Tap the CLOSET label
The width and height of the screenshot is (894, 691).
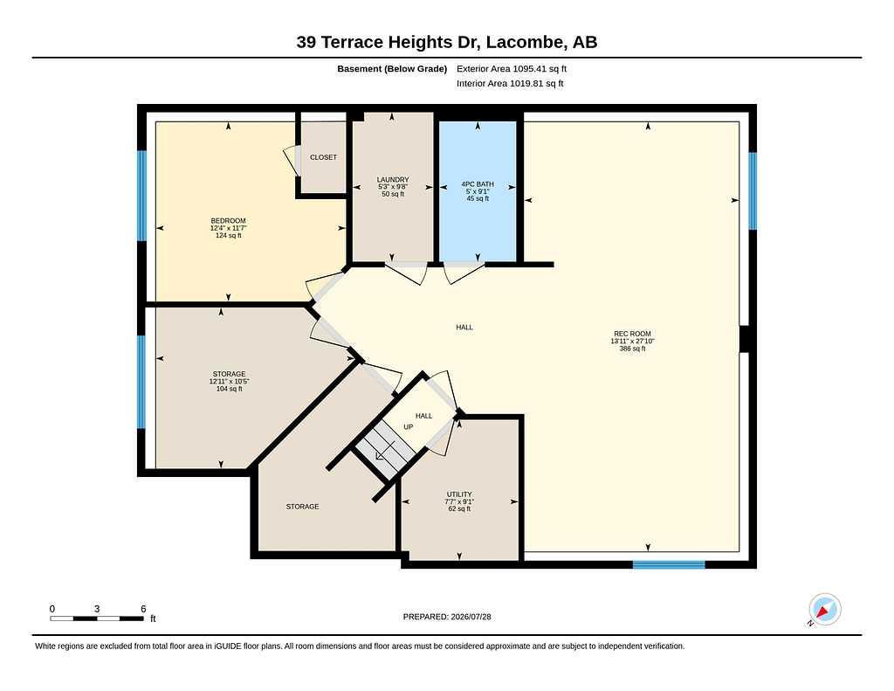[x=323, y=157]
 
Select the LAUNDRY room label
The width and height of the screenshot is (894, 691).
[x=393, y=179]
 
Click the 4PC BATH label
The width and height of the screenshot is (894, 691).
[x=478, y=183]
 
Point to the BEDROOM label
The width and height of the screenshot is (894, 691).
[x=228, y=221]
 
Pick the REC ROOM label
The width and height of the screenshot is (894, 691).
[x=632, y=334]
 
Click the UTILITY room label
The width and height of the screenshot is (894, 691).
[x=459, y=494]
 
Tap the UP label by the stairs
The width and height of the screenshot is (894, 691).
[x=409, y=427]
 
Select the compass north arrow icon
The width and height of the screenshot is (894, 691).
[x=824, y=610]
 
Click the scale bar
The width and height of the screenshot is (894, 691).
[x=97, y=618]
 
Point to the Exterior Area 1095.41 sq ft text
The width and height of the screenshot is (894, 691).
[x=512, y=68]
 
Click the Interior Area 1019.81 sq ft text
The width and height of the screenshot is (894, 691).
[x=510, y=83]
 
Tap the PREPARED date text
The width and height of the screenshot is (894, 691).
[x=447, y=617]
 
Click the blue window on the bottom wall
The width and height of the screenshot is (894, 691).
[x=669, y=565]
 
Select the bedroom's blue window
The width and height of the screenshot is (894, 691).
[x=142, y=196]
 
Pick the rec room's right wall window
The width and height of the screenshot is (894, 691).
[x=753, y=190]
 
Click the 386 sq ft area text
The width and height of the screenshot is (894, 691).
[x=632, y=349]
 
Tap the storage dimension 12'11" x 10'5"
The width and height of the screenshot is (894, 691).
[x=230, y=381]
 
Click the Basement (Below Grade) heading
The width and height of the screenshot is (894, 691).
[x=392, y=68]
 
